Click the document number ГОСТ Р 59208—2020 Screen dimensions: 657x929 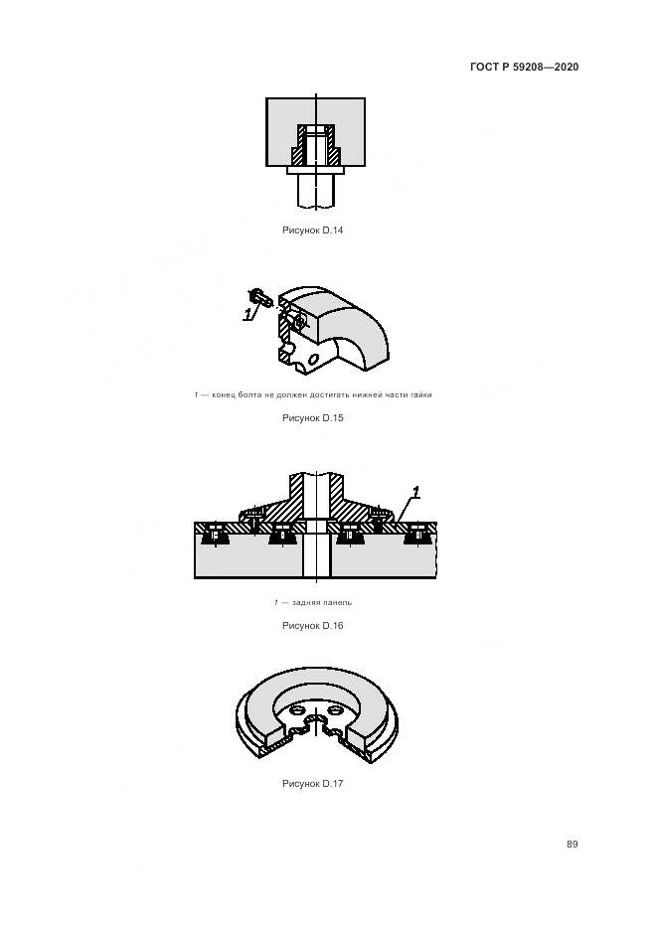coord(524,67)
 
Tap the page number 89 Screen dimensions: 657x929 coord(572,845)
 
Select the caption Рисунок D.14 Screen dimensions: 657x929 coord(313,231)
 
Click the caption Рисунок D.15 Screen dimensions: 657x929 coord(313,418)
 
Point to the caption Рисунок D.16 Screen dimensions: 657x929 coord(313,626)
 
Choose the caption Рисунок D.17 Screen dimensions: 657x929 coord(313,784)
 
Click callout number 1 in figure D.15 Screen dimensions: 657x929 coord(247,313)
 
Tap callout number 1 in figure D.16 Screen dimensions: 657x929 coord(415,493)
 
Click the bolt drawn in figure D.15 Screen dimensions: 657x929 coord(258,296)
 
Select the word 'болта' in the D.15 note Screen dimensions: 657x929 coord(249,394)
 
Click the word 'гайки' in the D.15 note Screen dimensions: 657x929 coord(420,394)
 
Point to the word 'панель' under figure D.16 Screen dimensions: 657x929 coord(338,602)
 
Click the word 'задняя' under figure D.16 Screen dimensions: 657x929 coord(306,602)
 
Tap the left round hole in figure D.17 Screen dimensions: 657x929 coord(298,709)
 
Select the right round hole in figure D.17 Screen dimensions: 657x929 coord(335,709)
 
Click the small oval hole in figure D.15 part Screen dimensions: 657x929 coord(313,358)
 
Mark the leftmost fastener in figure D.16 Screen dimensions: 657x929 coord(215,535)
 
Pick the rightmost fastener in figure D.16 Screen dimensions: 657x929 coord(417,535)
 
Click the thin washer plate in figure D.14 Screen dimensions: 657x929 coord(315,171)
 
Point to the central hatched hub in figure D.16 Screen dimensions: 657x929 coord(315,501)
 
